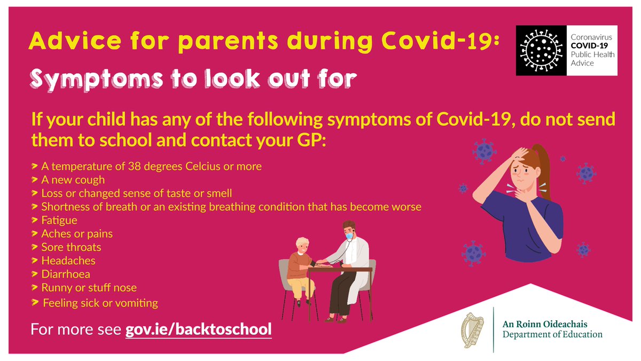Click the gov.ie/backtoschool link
click(198, 329)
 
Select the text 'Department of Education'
click(552, 335)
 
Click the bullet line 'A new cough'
click(74, 180)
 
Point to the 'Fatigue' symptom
click(59, 220)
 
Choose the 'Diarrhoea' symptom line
click(66, 274)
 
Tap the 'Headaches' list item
click(68, 261)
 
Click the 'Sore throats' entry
click(71, 247)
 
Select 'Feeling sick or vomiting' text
click(100, 303)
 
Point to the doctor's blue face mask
click(348, 235)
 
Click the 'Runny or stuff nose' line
click(89, 288)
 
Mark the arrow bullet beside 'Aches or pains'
click(35, 234)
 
